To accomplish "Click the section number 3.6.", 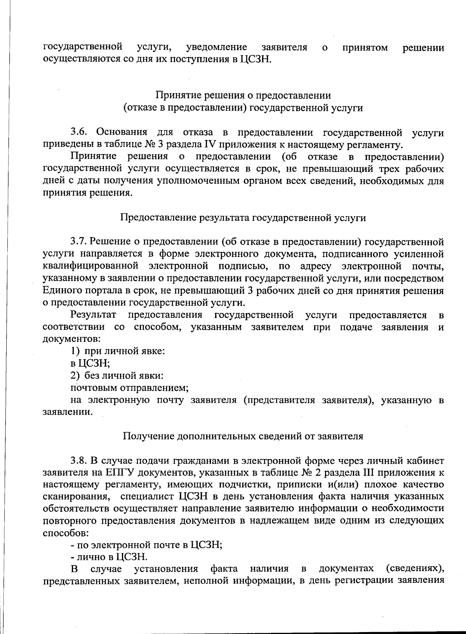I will pos(80,133).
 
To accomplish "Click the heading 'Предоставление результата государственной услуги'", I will pos(243,217).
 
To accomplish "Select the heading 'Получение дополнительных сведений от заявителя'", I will pos(243,436).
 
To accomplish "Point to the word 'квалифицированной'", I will pos(90,266).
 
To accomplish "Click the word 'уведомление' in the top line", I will pos(217,48).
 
